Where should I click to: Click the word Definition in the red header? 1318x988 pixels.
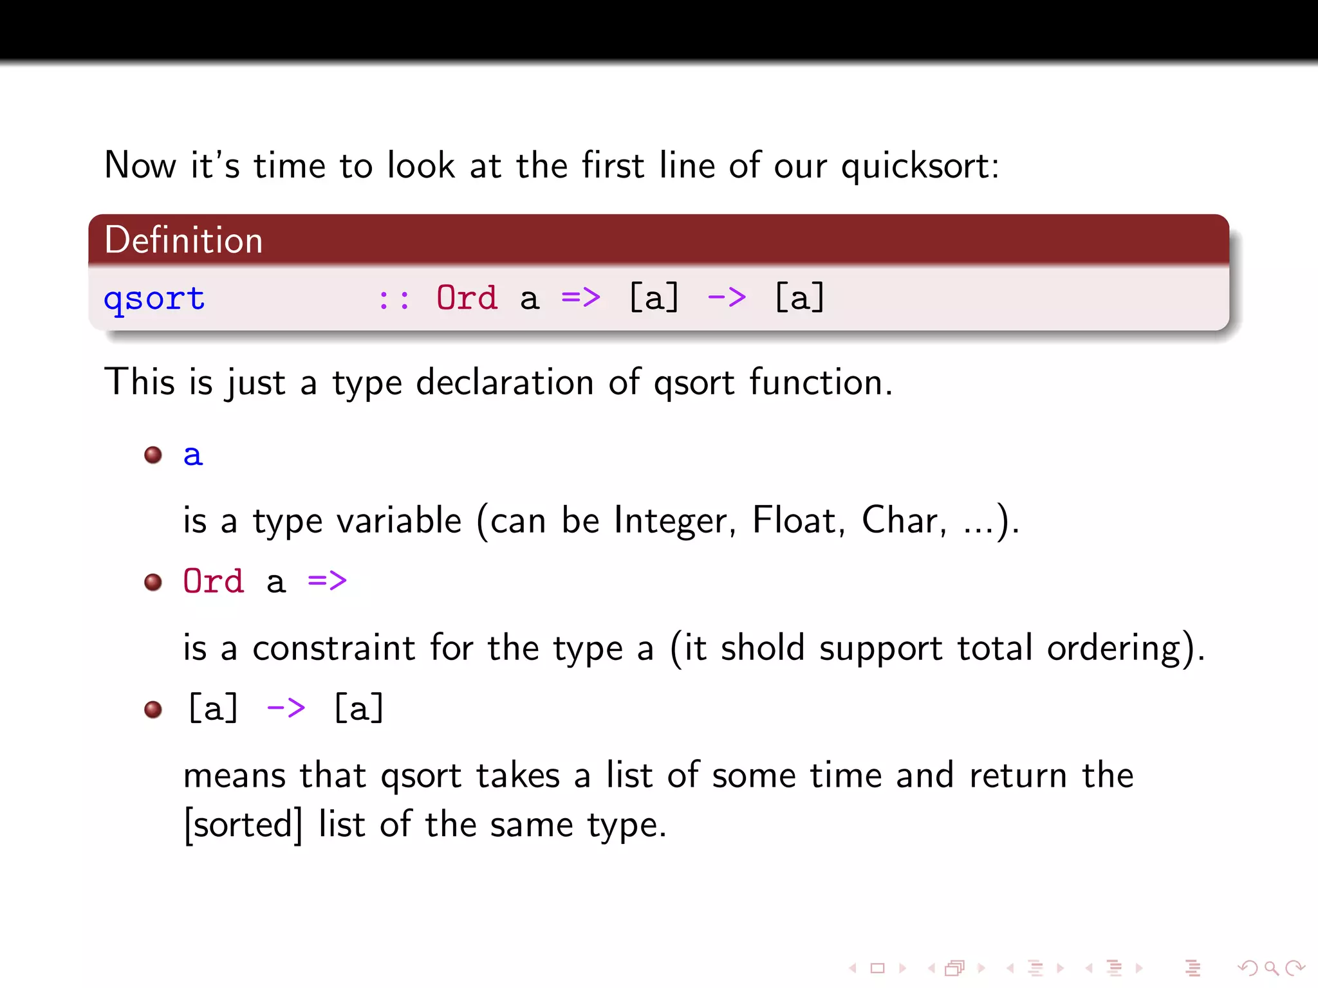tap(183, 241)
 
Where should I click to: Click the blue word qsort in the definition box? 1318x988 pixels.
tap(154, 299)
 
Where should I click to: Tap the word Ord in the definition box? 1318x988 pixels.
tap(467, 298)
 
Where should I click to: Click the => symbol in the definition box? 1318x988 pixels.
tap(580, 298)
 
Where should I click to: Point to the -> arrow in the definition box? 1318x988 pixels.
tap(727, 298)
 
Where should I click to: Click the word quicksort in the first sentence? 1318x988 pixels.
tap(920, 167)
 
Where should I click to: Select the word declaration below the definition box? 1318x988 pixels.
tap(505, 383)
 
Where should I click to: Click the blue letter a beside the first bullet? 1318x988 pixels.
tap(192, 455)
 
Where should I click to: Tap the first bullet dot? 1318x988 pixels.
tap(153, 455)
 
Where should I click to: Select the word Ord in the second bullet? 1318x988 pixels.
tap(214, 581)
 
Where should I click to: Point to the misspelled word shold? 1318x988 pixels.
tap(763, 647)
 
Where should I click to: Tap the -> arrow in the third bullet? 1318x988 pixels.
tap(286, 709)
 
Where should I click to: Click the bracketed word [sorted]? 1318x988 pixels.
tap(243, 825)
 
